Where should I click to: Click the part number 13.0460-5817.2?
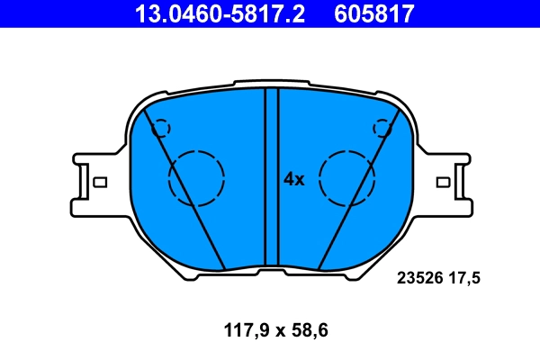(x=220, y=13)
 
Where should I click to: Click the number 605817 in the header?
(x=374, y=13)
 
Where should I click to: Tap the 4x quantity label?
(x=294, y=179)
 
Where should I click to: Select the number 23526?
(x=419, y=278)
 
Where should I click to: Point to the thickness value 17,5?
(x=463, y=278)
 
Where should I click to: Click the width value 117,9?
(x=247, y=330)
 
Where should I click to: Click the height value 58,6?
(x=310, y=330)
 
